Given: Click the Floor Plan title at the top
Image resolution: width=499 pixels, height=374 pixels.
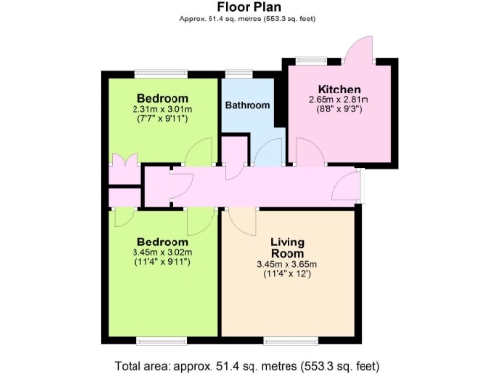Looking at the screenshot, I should click(x=250, y=7).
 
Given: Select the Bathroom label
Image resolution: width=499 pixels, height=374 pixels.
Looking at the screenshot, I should click(x=248, y=105).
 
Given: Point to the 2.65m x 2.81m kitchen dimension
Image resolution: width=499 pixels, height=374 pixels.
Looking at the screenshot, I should click(x=337, y=100).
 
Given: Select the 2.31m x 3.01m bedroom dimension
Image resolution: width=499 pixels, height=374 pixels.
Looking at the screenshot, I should click(x=162, y=109).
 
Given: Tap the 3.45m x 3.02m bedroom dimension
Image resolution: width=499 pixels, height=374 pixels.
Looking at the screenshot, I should click(x=162, y=252).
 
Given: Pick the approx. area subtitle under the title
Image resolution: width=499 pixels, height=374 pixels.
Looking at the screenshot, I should click(x=250, y=19).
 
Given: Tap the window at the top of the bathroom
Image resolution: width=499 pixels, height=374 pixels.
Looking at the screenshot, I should click(x=238, y=72).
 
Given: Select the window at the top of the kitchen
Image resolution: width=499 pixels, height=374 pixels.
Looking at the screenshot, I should click(x=312, y=59).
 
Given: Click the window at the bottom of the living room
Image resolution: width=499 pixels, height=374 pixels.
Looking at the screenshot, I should click(x=288, y=340).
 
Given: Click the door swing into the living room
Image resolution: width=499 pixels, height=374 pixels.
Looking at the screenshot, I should click(x=244, y=221).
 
